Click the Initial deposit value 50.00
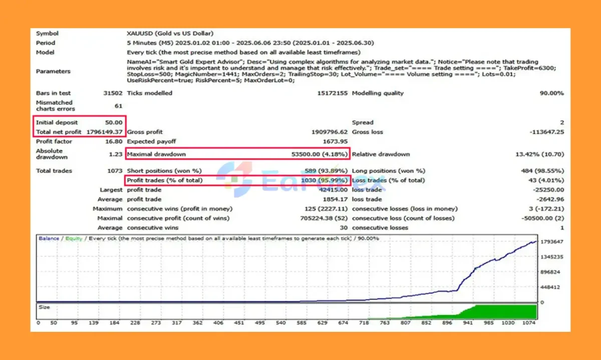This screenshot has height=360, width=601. tap(114, 122)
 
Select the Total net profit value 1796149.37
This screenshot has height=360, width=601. tap(105, 132)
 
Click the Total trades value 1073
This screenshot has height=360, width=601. tap(114, 171)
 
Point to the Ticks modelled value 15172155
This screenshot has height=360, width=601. tap(332, 93)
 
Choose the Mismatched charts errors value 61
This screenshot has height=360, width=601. tap(118, 106)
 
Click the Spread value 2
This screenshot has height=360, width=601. tap(562, 122)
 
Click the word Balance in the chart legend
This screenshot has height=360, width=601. tap(49, 238)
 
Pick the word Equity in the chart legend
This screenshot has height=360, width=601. tap(74, 238)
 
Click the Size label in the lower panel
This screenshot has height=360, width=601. tap(44, 307)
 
